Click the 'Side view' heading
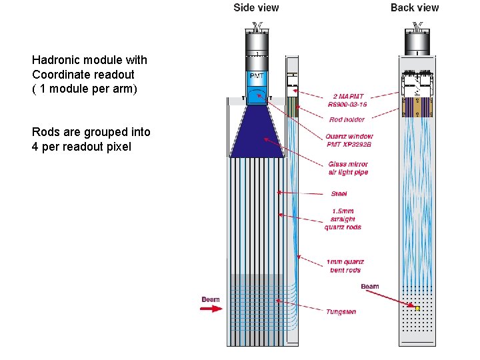(x=256, y=8)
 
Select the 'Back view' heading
(x=415, y=8)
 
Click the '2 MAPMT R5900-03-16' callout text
(x=347, y=100)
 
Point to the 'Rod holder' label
(x=347, y=120)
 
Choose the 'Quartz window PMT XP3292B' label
(x=350, y=141)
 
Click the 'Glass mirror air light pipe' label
(x=348, y=168)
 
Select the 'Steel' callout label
(x=339, y=194)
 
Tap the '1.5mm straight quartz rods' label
(x=343, y=219)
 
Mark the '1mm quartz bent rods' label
(x=345, y=265)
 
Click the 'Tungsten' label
(x=341, y=311)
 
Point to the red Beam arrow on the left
(x=212, y=309)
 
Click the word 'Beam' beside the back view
(x=370, y=287)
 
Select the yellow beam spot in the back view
(x=417, y=308)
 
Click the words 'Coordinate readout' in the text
(x=83, y=74)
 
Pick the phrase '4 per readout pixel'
(x=81, y=146)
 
